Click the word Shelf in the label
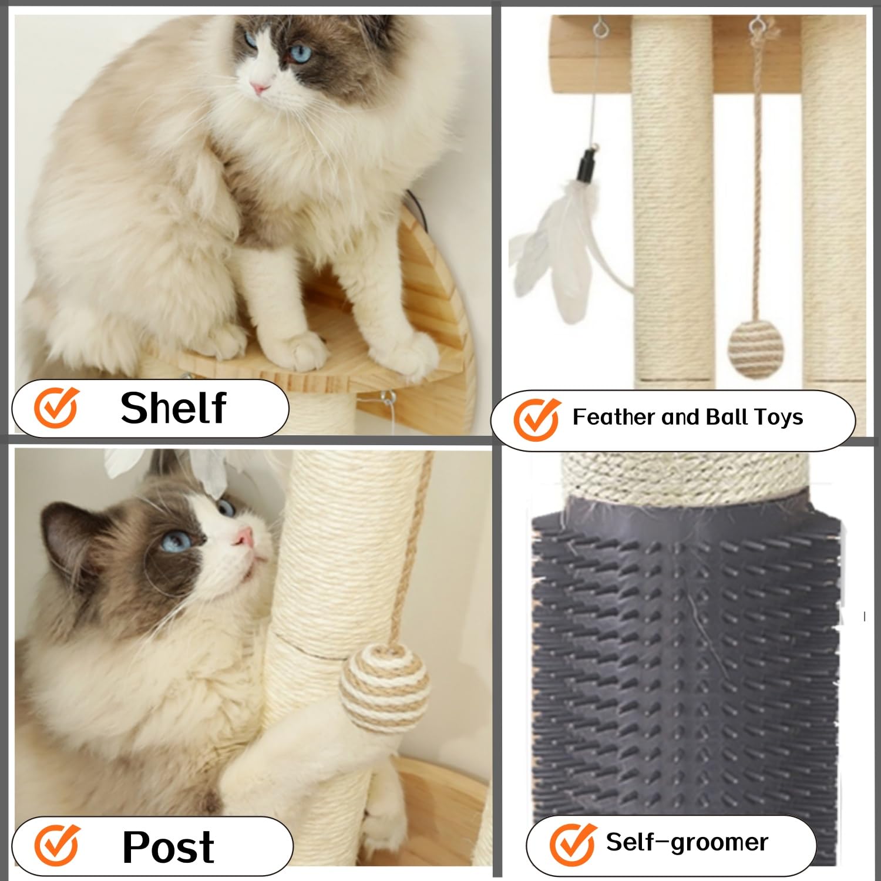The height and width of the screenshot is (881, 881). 173,408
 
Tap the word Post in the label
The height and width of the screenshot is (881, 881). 168,846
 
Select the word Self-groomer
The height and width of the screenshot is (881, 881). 687,842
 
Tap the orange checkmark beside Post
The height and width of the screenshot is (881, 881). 56,845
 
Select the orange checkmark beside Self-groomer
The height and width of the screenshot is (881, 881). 571,844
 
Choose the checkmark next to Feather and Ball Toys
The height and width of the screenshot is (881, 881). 536,419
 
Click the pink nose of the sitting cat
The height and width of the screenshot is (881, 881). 259,89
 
